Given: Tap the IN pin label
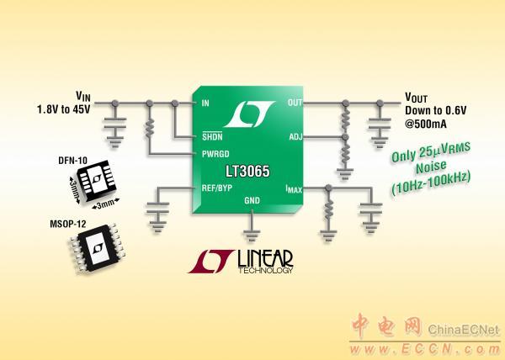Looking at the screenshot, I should tap(207, 103).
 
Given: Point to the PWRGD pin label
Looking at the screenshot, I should tap(215, 153).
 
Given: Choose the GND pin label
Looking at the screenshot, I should tap(252, 201).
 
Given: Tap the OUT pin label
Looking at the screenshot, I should tap(295, 103).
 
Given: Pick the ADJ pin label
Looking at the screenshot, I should tap(295, 136).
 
